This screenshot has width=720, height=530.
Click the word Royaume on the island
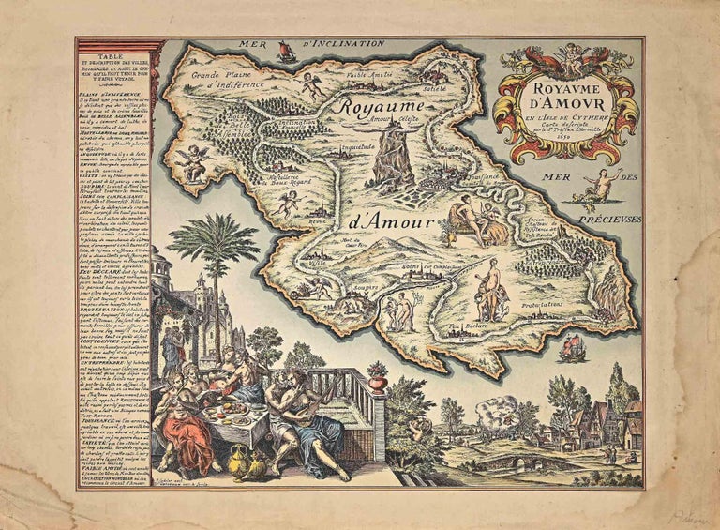382,108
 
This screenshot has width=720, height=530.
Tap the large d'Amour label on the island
390,222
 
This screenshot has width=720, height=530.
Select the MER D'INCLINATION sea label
311,43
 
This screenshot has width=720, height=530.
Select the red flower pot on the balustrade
377,381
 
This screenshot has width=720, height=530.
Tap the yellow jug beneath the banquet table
232,460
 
